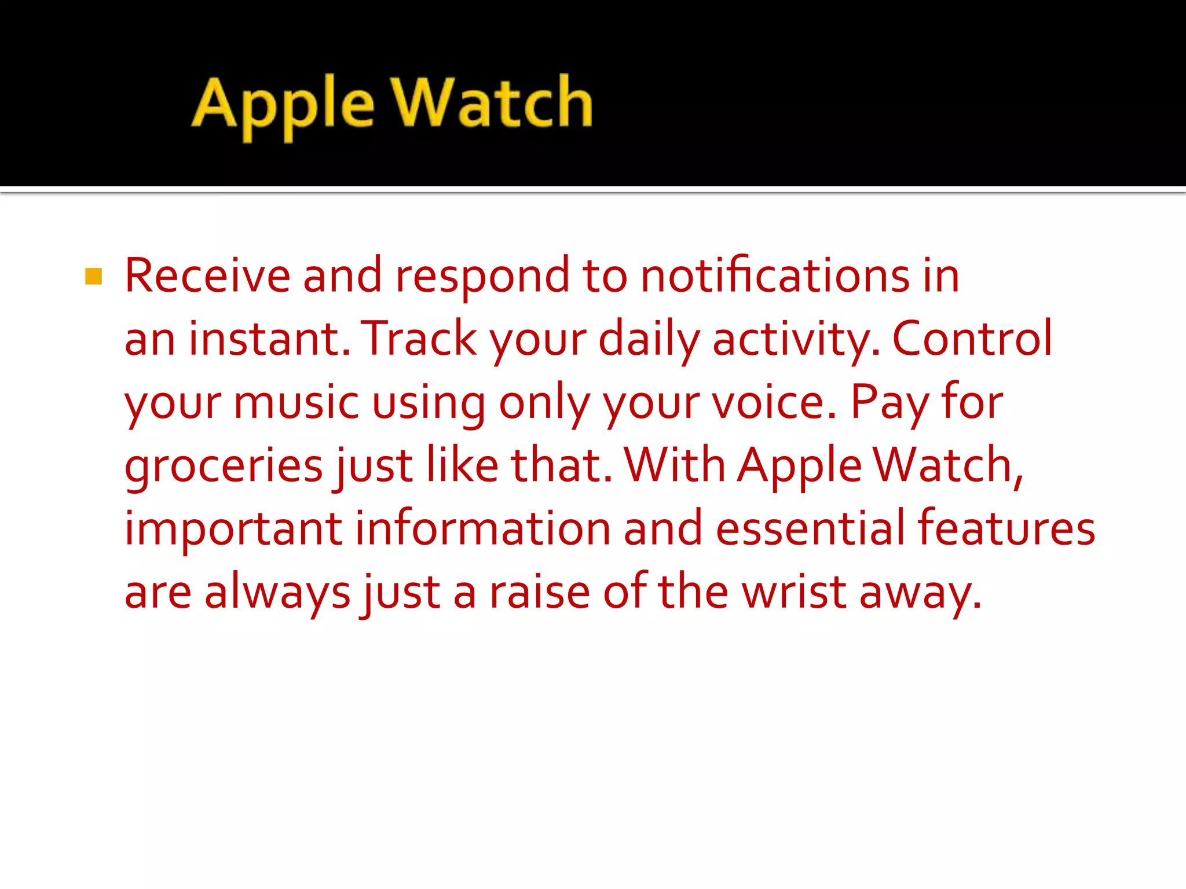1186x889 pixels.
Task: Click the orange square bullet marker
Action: point(93,277)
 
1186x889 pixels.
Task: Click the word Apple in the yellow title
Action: point(283,105)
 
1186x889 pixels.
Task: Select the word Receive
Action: point(207,276)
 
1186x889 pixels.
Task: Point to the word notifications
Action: point(775,276)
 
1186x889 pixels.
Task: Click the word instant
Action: point(269,339)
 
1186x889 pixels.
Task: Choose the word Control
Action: point(972,339)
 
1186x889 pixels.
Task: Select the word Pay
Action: point(889,404)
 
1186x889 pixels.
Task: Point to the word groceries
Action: point(224,466)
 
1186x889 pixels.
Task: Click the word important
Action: point(233,529)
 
